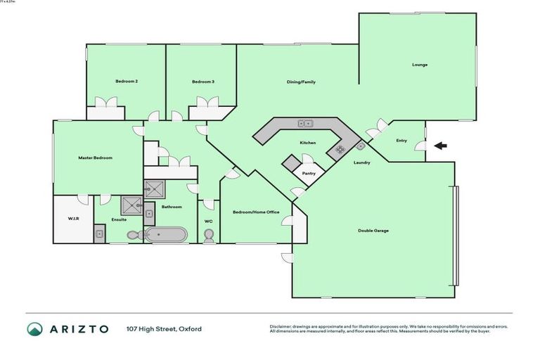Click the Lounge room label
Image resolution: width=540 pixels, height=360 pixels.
point(420,65)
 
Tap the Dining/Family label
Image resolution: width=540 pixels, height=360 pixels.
point(301,82)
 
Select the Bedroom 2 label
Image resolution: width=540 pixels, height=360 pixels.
point(127,82)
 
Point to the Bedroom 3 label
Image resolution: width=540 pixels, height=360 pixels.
point(203,82)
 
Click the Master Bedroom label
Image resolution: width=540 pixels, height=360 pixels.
point(95,157)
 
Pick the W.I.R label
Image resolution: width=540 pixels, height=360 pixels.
point(73,219)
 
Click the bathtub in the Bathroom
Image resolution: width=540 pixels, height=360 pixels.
point(167,234)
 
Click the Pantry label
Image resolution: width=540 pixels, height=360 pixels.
point(308,173)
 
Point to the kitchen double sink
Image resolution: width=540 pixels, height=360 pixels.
point(304,124)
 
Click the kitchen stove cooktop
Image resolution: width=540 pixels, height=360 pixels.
point(340,149)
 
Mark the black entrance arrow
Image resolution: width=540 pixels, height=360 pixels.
point(440,146)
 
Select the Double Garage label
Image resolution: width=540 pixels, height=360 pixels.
point(373,231)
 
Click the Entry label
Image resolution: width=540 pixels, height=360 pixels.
point(401,141)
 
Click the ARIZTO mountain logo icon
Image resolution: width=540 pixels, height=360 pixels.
point(34,329)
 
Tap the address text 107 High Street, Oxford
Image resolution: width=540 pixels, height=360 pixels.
point(164,329)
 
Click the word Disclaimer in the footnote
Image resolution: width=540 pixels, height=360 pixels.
point(281,326)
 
